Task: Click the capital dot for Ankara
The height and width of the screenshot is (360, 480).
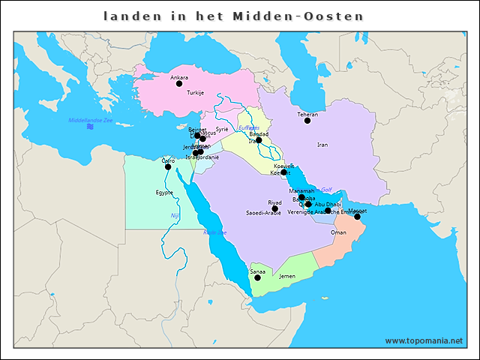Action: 179,84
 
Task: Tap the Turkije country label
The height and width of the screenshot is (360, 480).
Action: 196,93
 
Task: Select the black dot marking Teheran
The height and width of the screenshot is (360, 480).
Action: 307,121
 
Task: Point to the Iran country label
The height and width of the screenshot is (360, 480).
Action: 322,145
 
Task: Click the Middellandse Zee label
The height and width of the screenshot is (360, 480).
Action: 90,121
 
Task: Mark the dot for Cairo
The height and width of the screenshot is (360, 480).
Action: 168,166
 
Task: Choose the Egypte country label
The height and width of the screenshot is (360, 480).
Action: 164,192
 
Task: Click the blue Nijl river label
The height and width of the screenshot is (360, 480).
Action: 175,216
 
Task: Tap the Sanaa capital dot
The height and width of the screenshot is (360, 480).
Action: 257,277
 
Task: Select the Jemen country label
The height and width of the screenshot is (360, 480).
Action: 287,276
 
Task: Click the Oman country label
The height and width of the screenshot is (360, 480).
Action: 338,233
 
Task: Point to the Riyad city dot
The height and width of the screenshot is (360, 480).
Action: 274,208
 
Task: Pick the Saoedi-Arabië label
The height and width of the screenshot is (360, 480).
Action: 263,214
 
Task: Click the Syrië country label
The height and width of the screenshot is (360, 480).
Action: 222,130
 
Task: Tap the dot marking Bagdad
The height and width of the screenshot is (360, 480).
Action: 258,140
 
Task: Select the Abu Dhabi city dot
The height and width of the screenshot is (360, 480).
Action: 328,211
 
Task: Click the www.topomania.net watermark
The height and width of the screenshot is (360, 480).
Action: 424,340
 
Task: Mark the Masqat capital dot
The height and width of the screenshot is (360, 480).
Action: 357,217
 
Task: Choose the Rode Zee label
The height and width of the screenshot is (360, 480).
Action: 214,232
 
